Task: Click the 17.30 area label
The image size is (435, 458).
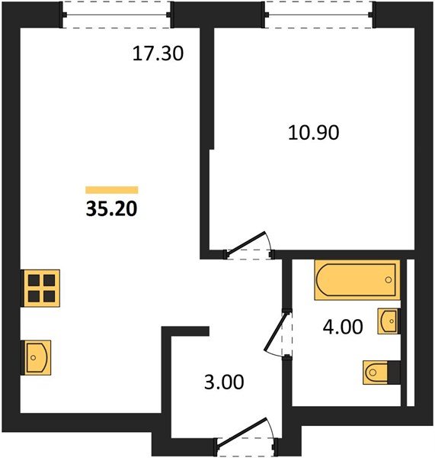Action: click(x=158, y=54)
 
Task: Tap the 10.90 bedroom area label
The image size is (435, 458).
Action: click(x=314, y=133)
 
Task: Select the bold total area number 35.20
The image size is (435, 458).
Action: click(x=111, y=209)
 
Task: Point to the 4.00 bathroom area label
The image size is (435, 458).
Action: click(x=343, y=327)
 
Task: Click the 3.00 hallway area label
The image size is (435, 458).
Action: click(x=224, y=382)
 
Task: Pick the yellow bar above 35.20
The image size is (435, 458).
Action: click(x=112, y=190)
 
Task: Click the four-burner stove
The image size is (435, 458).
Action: click(x=41, y=288)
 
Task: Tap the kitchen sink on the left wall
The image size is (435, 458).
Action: click(x=37, y=357)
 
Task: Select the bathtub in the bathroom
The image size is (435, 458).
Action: click(x=357, y=280)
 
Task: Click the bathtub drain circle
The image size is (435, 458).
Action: click(x=388, y=280)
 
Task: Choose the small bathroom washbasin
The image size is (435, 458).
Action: click(x=389, y=321)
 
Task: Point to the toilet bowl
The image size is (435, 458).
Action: click(x=376, y=373)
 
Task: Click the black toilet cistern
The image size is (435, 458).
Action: click(x=394, y=373)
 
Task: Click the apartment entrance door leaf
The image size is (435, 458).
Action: click(x=242, y=432)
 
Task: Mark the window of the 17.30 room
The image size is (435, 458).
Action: click(x=117, y=15)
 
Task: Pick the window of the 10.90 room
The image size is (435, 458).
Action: click(x=318, y=15)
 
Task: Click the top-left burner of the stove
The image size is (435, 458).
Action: click(x=34, y=280)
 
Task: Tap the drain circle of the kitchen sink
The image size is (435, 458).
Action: click(x=34, y=357)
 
